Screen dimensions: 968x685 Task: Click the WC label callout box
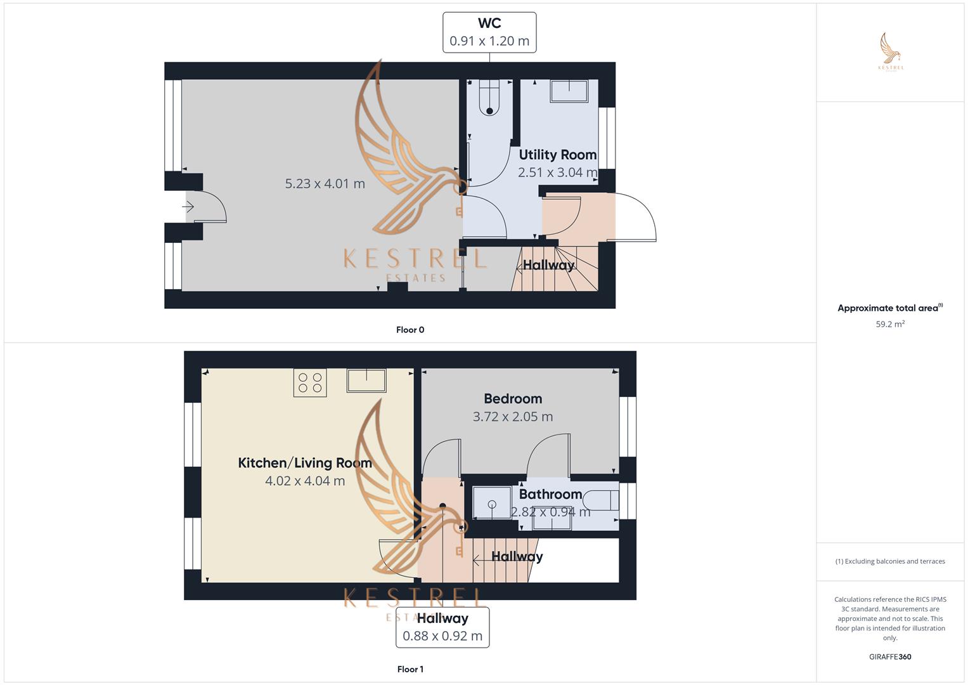coord(489,32)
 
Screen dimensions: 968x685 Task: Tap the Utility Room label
coord(557,154)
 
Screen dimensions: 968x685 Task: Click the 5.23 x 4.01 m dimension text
coord(325,183)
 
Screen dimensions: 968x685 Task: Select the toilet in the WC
coord(489,98)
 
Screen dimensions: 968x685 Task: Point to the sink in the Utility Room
coord(569,91)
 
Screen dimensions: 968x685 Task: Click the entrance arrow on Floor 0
coord(188,207)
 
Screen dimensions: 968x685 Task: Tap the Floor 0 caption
coord(410,330)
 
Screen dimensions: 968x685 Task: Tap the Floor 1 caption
coord(410,669)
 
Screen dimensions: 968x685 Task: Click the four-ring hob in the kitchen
coord(310,382)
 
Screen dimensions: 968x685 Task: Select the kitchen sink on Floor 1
coord(366,381)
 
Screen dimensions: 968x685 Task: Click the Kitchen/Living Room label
coord(305,463)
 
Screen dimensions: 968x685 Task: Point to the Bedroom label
coord(513,398)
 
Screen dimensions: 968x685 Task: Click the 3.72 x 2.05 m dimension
coord(513,417)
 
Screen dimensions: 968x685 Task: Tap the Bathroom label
coord(550,494)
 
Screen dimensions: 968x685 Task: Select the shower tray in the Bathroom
coord(492,502)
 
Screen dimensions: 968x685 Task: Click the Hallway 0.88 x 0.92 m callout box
coord(442,627)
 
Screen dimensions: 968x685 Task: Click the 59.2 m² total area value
coord(890,324)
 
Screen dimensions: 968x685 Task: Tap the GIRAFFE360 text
coord(890,656)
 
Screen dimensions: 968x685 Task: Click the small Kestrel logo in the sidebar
coord(891,51)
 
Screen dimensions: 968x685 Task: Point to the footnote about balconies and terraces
coord(890,561)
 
